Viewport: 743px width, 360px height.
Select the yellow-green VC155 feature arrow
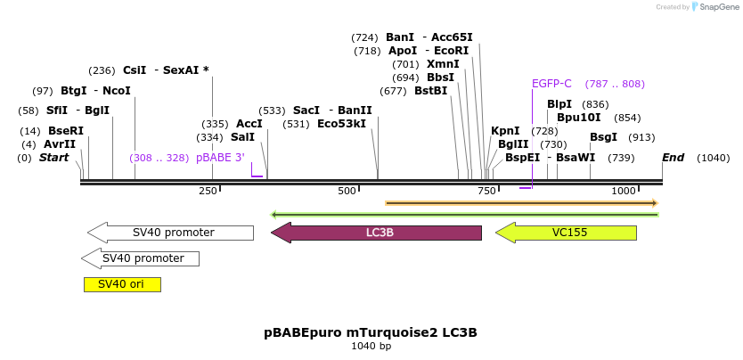coord(566,233)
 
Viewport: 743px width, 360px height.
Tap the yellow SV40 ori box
coord(122,284)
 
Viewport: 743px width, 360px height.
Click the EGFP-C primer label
coord(551,84)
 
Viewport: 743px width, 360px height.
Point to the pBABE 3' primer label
coord(220,158)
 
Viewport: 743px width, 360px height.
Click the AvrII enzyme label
coord(60,144)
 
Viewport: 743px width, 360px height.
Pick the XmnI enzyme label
coord(443,64)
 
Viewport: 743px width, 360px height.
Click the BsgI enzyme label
coord(603,137)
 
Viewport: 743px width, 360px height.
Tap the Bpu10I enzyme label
coord(578,118)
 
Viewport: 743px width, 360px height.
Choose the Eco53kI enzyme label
coord(341,124)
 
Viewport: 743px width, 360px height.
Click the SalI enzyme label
coord(242,137)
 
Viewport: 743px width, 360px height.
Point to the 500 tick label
coord(347,192)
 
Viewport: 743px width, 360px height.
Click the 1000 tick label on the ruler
coord(624,192)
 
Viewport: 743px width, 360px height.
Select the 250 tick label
coord(208,192)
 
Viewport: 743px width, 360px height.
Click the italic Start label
coord(53,158)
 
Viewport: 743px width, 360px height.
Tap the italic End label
coord(673,158)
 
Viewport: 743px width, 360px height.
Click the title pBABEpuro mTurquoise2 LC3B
coord(371,332)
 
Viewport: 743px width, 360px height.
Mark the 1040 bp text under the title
coord(371,346)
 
